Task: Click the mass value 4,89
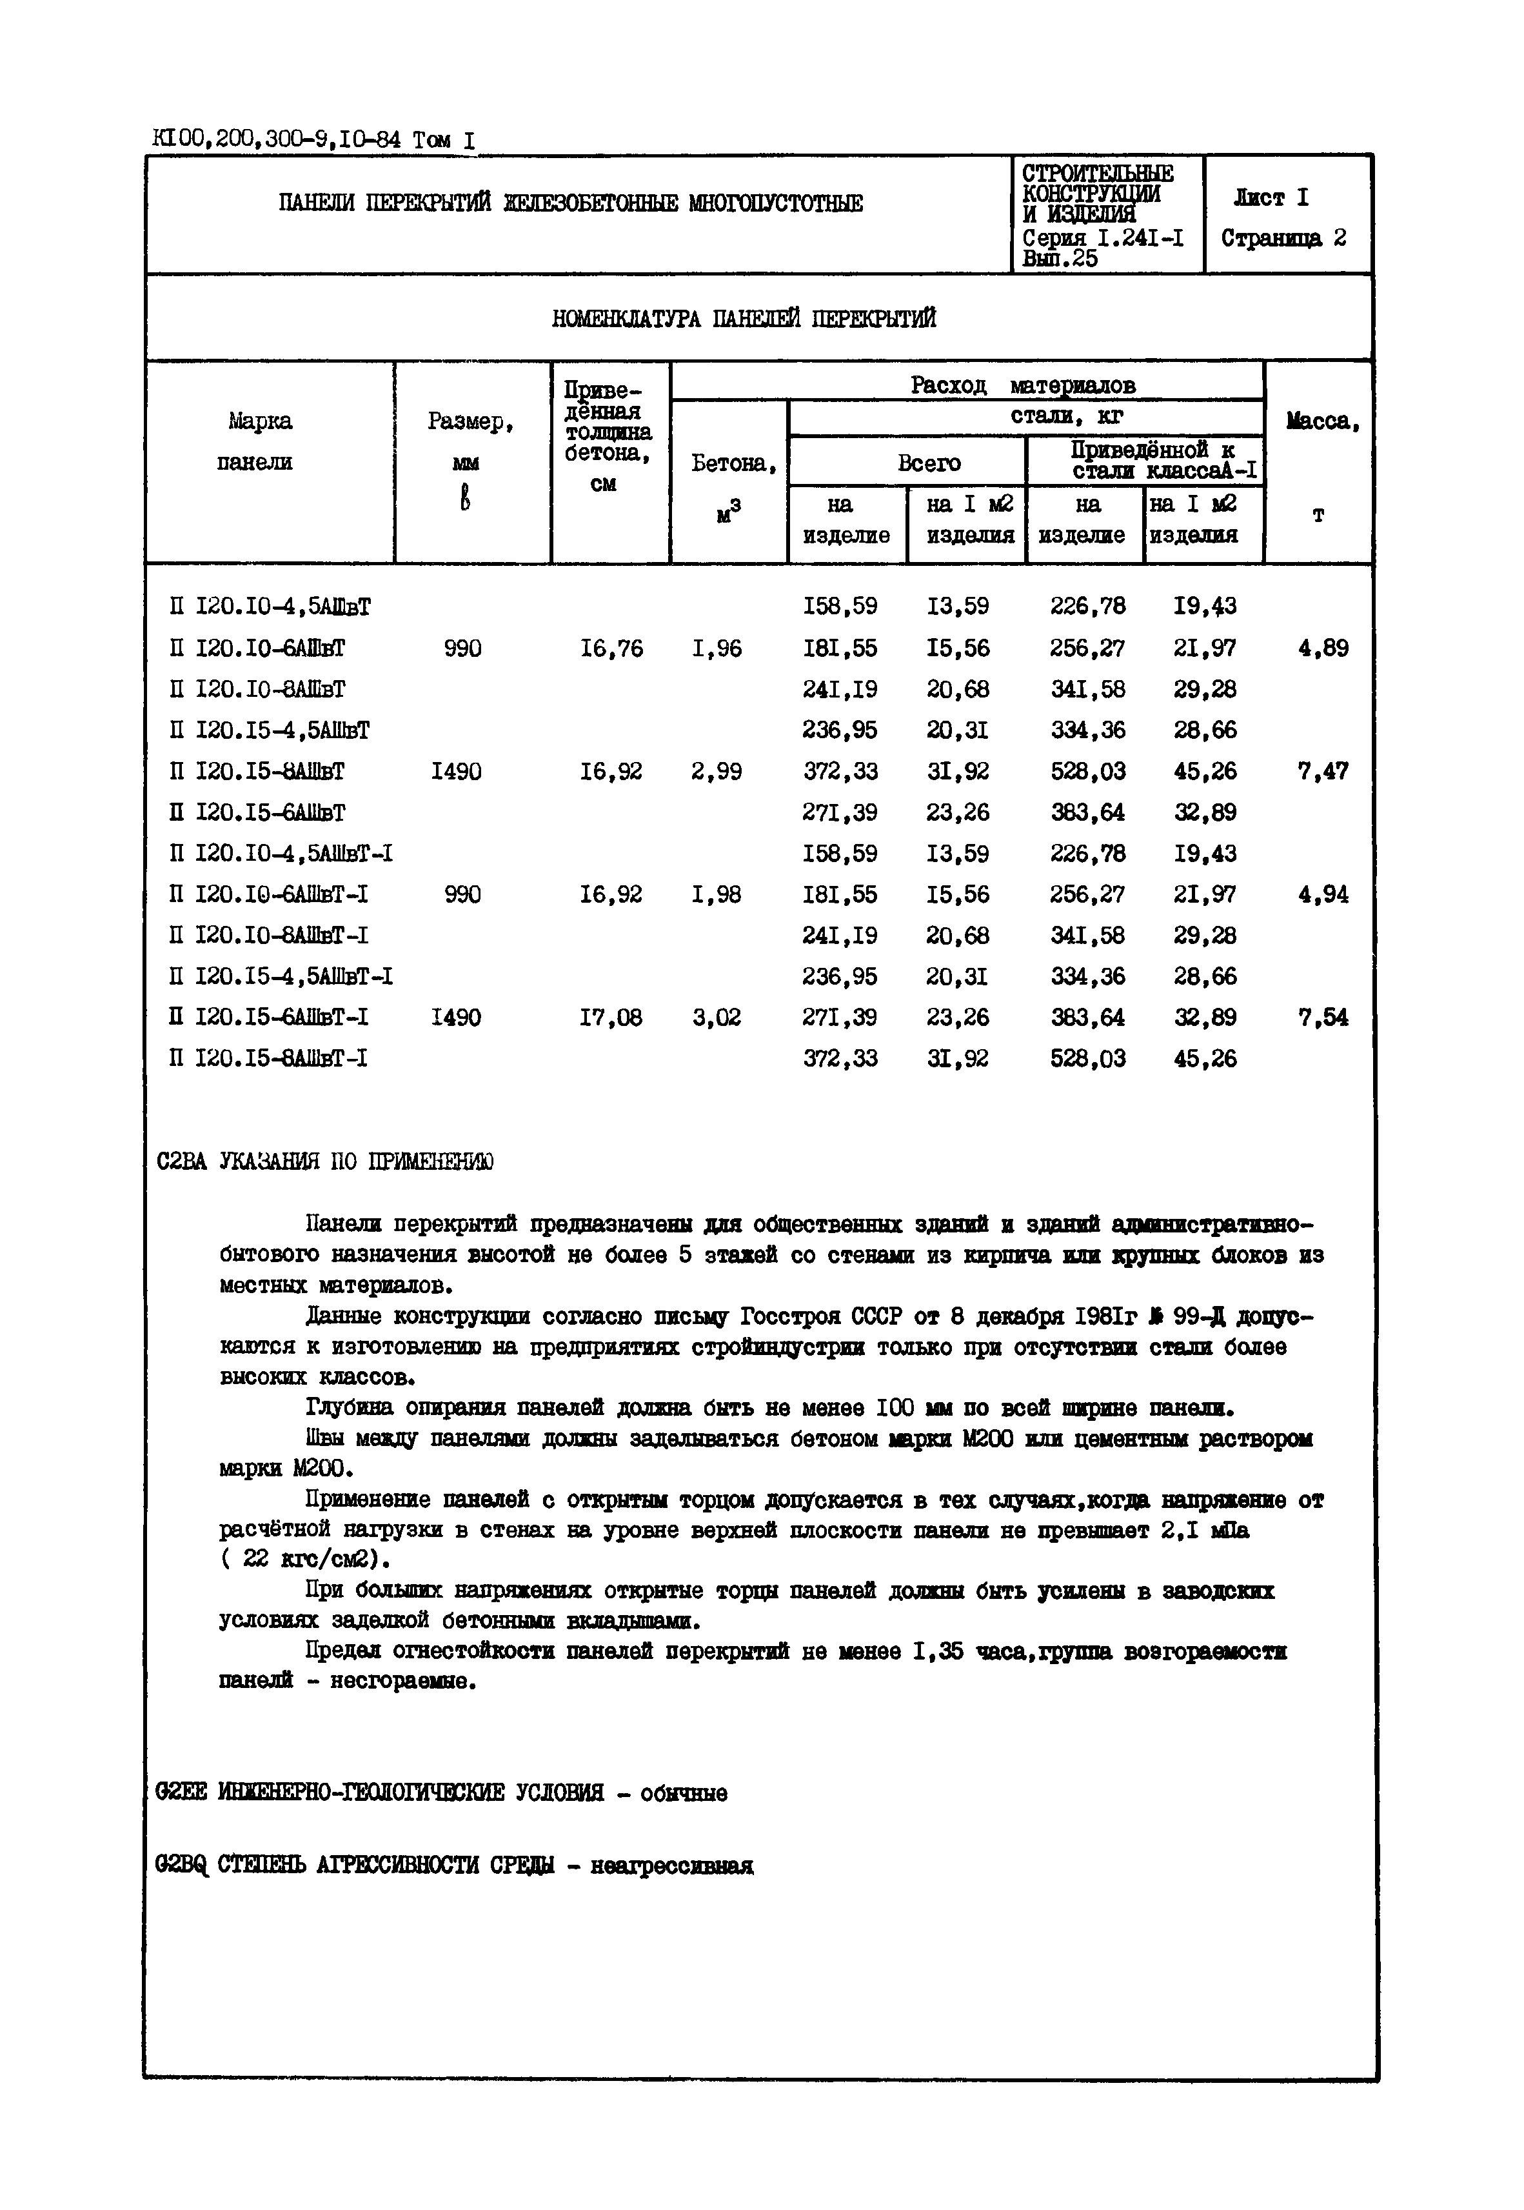pyautogui.click(x=1323, y=648)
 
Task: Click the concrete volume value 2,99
pyautogui.click(x=716, y=770)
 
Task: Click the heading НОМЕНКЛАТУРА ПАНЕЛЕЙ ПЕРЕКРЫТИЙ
pyautogui.click(x=743, y=319)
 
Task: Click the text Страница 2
pyautogui.click(x=1283, y=238)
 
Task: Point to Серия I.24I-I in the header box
pyautogui.click(x=1103, y=239)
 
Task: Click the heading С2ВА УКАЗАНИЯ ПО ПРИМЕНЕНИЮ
pyautogui.click(x=324, y=1161)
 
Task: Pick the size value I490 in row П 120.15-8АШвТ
pyautogui.click(x=457, y=770)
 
